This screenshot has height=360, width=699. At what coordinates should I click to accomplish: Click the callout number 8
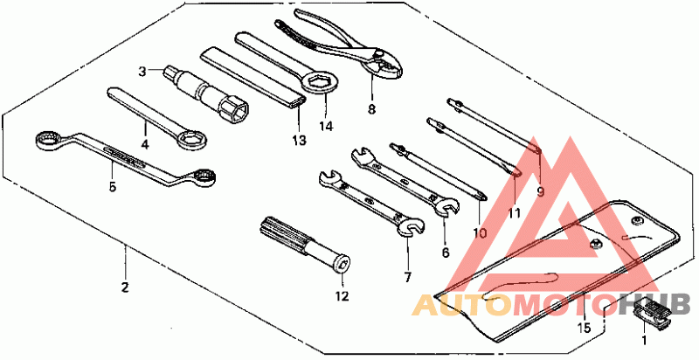371,109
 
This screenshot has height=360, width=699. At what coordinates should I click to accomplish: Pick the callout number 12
342,296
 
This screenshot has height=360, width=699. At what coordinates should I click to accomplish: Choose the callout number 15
584,328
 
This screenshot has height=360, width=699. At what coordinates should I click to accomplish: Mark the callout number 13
298,140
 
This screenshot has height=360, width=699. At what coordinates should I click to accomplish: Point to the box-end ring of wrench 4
191,138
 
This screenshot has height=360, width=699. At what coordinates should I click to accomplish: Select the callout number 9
541,192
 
